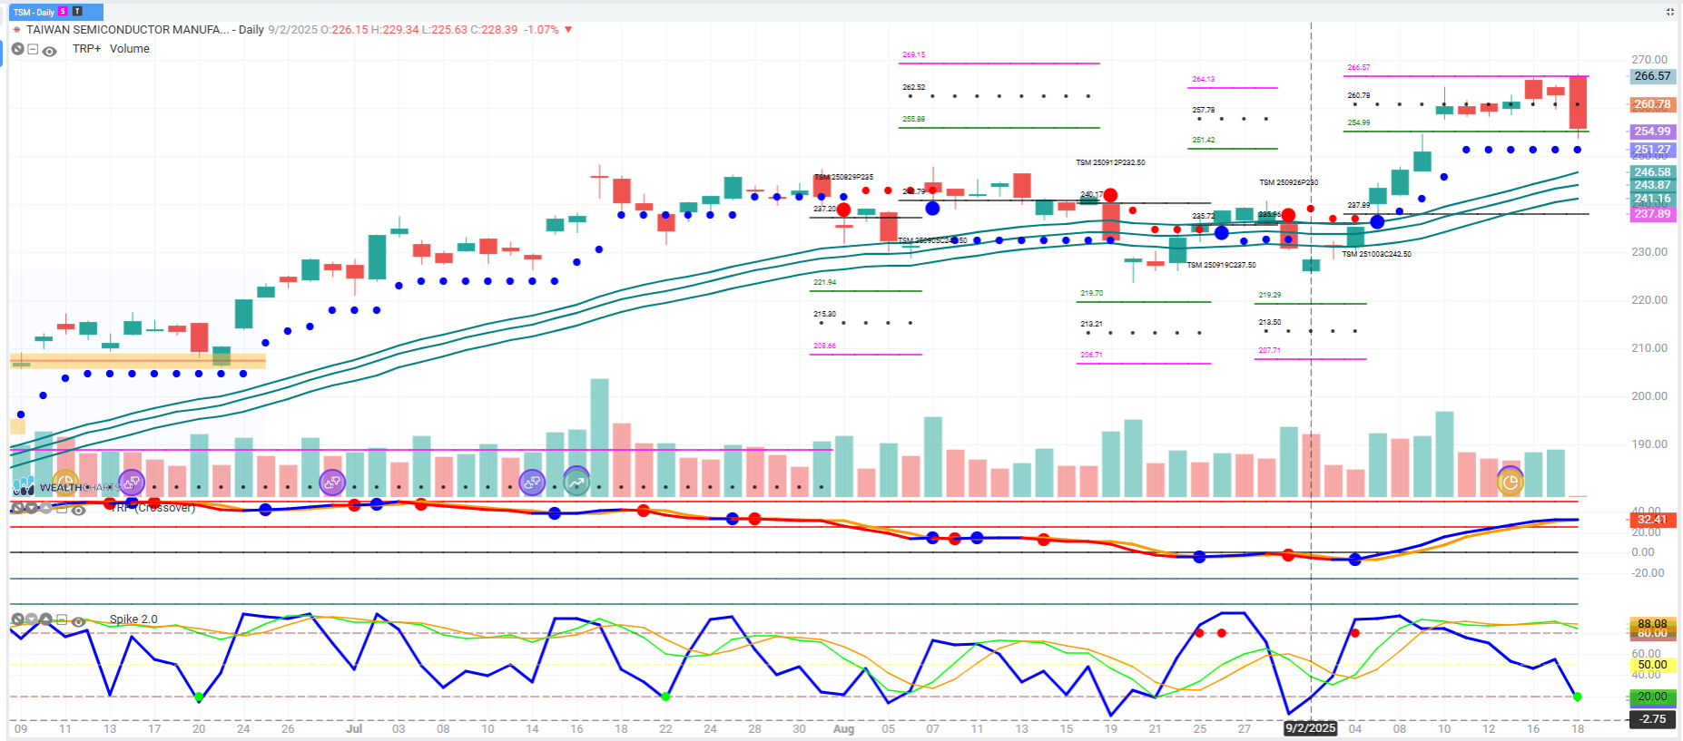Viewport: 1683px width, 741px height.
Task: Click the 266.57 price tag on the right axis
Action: tap(1652, 76)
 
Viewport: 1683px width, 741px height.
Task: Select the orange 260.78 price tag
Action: tap(1652, 104)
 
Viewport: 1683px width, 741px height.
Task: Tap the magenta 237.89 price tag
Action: tap(1652, 214)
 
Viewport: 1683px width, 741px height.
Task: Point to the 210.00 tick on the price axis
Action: tap(1649, 348)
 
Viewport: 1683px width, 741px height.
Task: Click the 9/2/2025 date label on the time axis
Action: tap(1310, 728)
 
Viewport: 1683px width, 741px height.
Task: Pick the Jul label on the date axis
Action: tap(354, 728)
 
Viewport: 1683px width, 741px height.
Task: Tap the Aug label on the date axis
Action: tap(843, 728)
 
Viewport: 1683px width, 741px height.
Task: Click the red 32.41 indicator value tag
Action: tap(1652, 520)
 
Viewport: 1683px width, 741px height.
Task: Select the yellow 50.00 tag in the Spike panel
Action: tap(1652, 665)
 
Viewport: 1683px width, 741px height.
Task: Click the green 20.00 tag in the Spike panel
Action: tap(1652, 697)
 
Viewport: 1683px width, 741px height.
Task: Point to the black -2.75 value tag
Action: tap(1652, 719)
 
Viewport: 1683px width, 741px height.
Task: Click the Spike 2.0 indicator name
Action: tap(133, 619)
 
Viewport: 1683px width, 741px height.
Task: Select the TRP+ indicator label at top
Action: tap(87, 49)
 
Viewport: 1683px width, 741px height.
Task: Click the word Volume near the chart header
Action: tap(130, 49)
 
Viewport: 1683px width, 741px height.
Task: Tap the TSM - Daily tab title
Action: tap(34, 12)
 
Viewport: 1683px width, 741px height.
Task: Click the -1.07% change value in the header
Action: tap(543, 30)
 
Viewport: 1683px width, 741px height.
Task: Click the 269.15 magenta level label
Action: tap(913, 54)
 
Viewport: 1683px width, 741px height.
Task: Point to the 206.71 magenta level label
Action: tap(1091, 355)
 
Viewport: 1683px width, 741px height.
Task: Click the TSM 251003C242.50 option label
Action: tap(1376, 254)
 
